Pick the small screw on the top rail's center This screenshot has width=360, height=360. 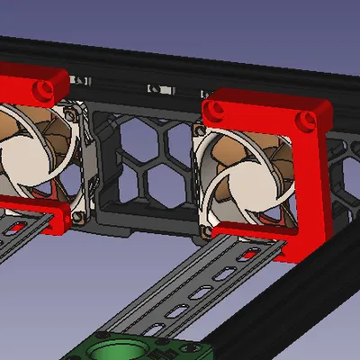tap(156, 89)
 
